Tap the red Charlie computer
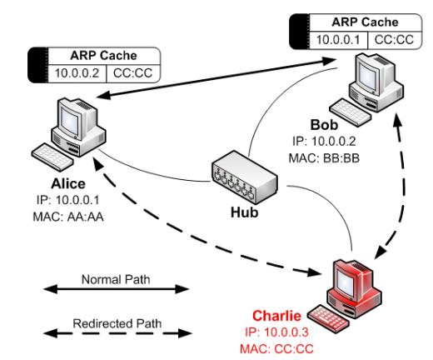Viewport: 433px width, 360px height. point(353,279)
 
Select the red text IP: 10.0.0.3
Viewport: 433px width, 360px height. point(276,332)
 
